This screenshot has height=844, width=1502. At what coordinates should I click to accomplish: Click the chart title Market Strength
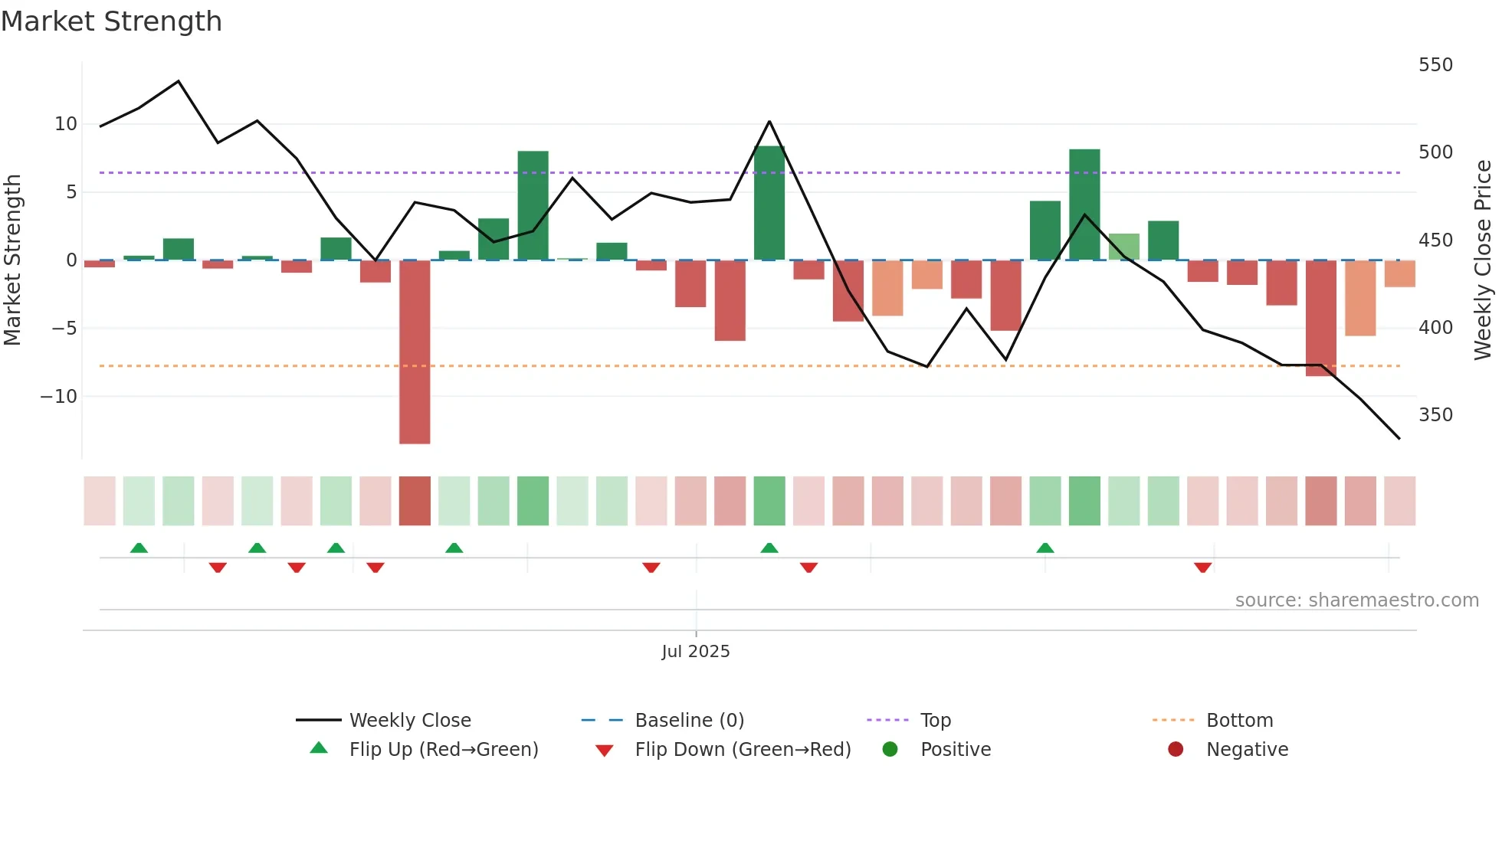click(111, 21)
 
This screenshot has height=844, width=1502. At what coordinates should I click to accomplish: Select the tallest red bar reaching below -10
click(415, 352)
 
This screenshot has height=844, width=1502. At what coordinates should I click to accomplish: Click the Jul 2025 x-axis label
click(695, 652)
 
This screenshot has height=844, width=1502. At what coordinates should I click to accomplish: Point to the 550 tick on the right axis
click(1435, 65)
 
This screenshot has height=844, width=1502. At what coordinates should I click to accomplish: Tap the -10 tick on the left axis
click(59, 397)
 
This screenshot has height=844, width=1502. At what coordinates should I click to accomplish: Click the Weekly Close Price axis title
click(1482, 260)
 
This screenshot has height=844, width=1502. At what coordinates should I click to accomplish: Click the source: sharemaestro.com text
click(1356, 600)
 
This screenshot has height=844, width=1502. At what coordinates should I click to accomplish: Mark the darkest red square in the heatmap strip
click(415, 501)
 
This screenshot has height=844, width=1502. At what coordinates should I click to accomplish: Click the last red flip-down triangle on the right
click(1202, 568)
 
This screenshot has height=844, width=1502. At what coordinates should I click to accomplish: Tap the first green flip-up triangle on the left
click(139, 548)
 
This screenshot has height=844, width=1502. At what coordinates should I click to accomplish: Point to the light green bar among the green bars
click(1123, 247)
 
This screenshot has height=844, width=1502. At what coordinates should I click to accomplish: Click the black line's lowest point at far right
click(1399, 438)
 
